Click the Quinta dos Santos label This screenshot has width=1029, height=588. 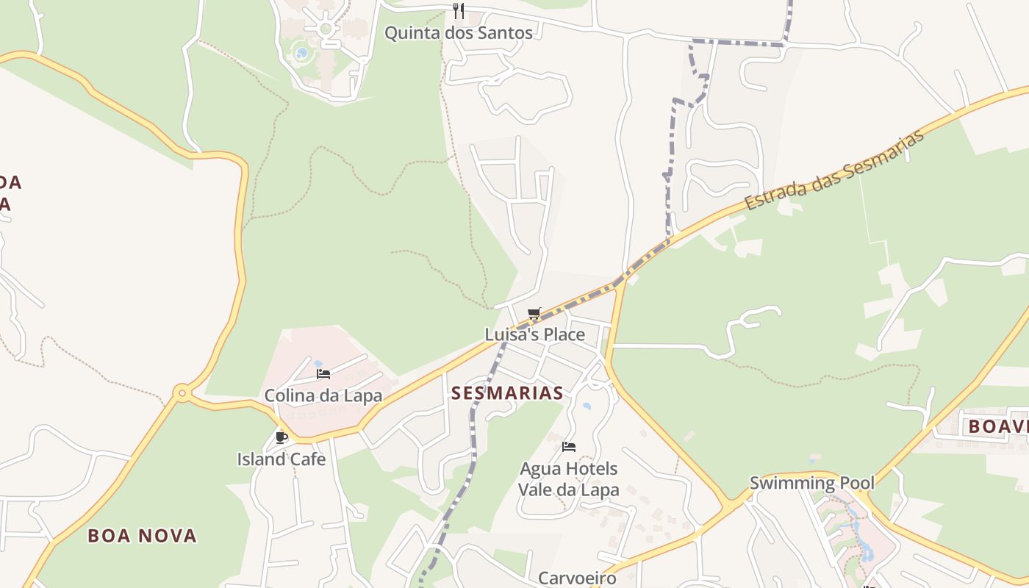pyautogui.click(x=459, y=33)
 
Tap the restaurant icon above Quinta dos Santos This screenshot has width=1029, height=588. pyautogui.click(x=459, y=10)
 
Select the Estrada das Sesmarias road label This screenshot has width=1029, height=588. pyautogui.click(x=833, y=170)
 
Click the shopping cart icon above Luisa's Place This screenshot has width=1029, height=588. pyautogui.click(x=534, y=314)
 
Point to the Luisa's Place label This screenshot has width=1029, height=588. pyautogui.click(x=534, y=335)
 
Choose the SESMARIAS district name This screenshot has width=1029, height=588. pyautogui.click(x=507, y=393)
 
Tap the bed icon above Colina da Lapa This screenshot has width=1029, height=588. pyautogui.click(x=323, y=374)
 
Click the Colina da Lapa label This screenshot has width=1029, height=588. pyautogui.click(x=323, y=395)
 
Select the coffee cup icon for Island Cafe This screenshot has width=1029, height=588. pyautogui.click(x=281, y=438)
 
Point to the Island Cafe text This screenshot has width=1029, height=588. pyautogui.click(x=281, y=459)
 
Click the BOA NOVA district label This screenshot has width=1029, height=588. pyautogui.click(x=143, y=536)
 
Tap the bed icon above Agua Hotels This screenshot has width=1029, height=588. pyautogui.click(x=568, y=447)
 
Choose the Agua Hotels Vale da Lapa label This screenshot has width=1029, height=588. pyautogui.click(x=568, y=479)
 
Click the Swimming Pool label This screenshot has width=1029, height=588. pyautogui.click(x=811, y=483)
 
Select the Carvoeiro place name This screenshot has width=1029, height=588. pyautogui.click(x=577, y=578)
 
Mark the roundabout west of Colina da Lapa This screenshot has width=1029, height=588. pyautogui.click(x=182, y=394)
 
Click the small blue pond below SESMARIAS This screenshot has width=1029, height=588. pyautogui.click(x=587, y=406)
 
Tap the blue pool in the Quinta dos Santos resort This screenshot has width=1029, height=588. pyautogui.click(x=301, y=53)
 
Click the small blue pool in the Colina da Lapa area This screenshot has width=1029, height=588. pyautogui.click(x=318, y=363)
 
